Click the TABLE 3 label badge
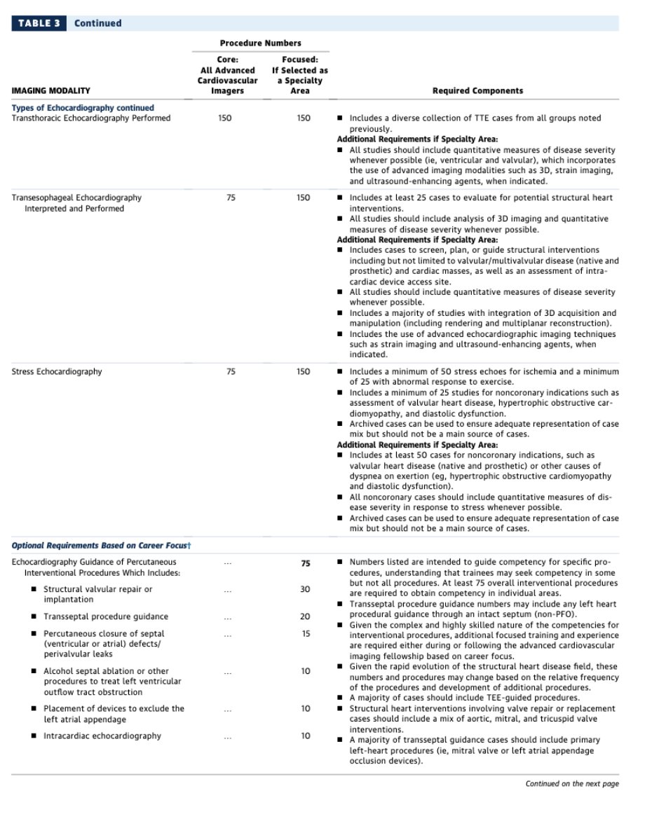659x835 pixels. coord(39,23)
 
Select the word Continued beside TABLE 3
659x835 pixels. coord(97,23)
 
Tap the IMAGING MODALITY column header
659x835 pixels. coord(51,91)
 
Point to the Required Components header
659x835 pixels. coord(477,91)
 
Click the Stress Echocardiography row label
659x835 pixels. coord(57,372)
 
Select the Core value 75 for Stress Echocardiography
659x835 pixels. coord(231,372)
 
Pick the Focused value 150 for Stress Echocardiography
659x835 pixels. coord(303,372)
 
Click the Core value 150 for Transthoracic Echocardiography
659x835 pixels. coord(225,118)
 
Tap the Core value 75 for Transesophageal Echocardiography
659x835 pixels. coord(231,198)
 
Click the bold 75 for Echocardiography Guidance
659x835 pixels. coord(305,563)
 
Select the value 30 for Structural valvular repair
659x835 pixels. coord(305,590)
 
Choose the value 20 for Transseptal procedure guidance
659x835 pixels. coord(305,617)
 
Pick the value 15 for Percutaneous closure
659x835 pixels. coord(305,634)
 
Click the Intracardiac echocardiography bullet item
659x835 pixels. coord(102,736)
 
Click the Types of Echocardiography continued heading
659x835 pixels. coord(83,108)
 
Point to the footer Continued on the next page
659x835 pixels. coord(572,784)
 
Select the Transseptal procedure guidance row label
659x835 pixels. coord(105,617)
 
